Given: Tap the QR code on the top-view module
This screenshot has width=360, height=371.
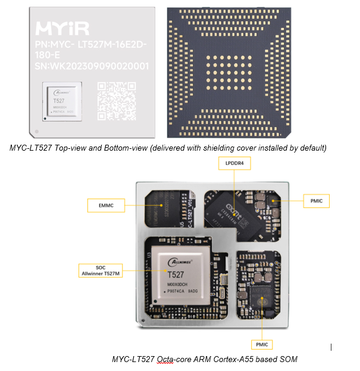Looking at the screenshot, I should (117, 99).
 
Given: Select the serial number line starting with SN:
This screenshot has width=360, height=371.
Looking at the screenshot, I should (92, 67).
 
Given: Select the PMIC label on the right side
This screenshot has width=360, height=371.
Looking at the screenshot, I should (316, 201).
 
